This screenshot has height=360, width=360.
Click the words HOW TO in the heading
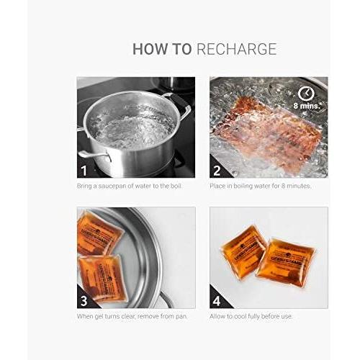(x=161, y=49)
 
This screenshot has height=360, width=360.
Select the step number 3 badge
(x=85, y=300)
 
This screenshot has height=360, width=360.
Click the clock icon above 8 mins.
(x=305, y=94)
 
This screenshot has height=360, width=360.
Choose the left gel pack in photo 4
(x=244, y=250)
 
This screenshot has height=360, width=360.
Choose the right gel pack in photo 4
(x=285, y=261)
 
